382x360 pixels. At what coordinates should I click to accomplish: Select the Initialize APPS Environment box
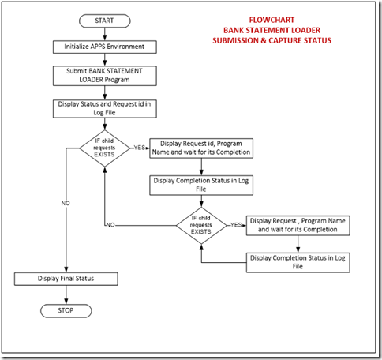point(99,47)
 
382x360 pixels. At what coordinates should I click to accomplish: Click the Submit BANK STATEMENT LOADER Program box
point(99,76)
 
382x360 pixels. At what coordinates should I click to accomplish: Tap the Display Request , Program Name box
point(298,225)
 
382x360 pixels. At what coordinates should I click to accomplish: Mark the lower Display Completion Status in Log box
point(298,261)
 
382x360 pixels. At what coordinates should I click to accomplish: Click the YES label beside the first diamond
point(139,148)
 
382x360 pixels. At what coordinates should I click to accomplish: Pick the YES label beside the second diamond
point(236,225)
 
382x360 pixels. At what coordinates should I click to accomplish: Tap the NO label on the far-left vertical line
point(66,203)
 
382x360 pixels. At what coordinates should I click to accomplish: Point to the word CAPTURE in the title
point(295,41)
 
